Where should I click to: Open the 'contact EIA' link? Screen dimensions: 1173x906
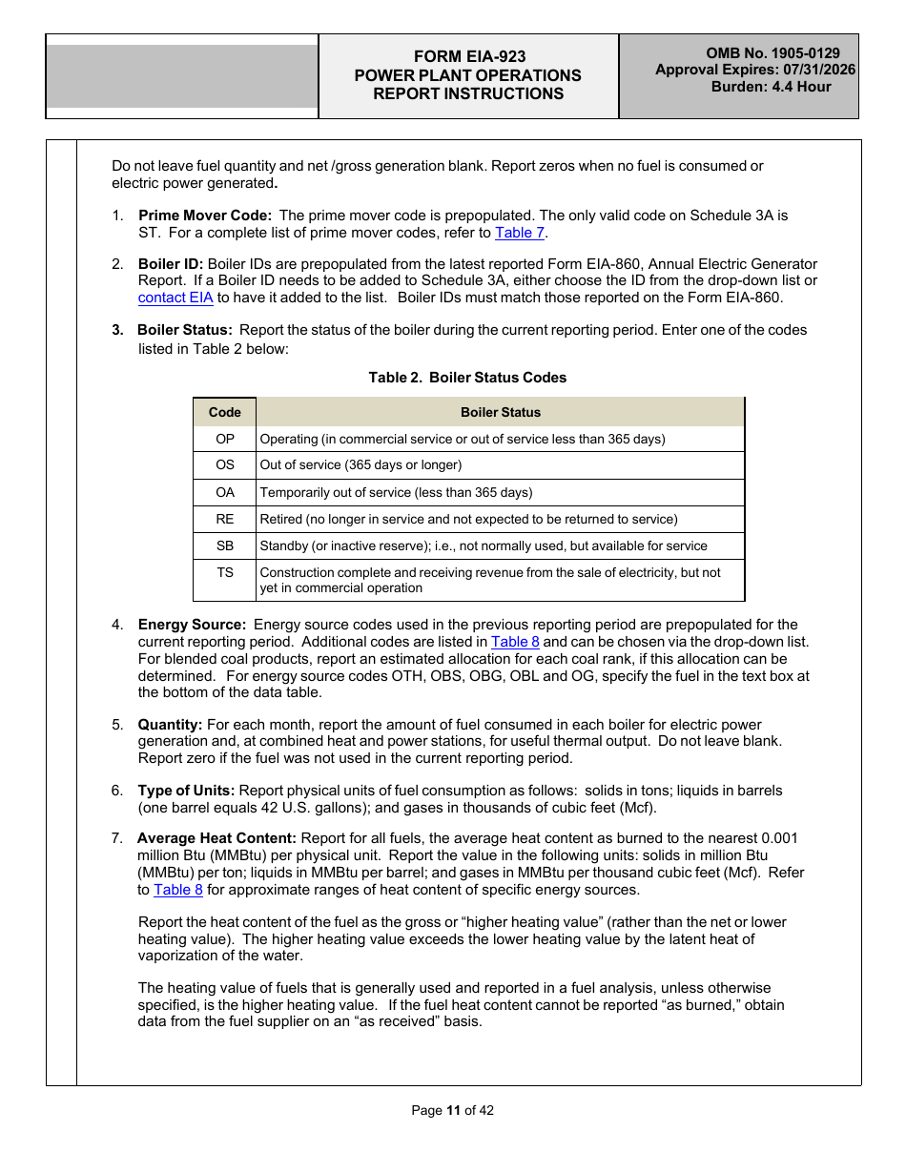pyautogui.click(x=175, y=298)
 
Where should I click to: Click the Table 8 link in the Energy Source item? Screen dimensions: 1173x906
pyautogui.click(x=515, y=642)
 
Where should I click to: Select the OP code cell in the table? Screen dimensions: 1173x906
pyautogui.click(x=225, y=439)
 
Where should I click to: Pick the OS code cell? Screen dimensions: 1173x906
pyautogui.click(x=225, y=465)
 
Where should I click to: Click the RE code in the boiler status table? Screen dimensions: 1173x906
pyautogui.click(x=225, y=520)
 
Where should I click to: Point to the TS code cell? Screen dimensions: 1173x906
pyautogui.click(x=225, y=573)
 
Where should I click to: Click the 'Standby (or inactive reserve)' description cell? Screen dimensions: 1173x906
pyautogui.click(x=484, y=546)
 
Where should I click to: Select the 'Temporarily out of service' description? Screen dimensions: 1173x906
pyautogui.click(x=396, y=493)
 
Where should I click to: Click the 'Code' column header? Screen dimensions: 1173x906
pyautogui.click(x=225, y=413)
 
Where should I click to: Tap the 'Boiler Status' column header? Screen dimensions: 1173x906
pyautogui.click(x=501, y=413)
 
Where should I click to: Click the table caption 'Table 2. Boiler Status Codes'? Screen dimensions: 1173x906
pyautogui.click(x=467, y=378)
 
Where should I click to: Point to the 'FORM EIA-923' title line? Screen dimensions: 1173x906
pyautogui.click(x=468, y=57)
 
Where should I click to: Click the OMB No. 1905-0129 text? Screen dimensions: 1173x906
pyautogui.click(x=772, y=54)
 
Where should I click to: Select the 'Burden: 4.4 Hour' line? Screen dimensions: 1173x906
pyautogui.click(x=771, y=87)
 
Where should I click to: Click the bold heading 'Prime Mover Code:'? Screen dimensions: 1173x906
pyautogui.click(x=205, y=216)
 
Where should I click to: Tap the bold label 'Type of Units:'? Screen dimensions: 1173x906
pyautogui.click(x=186, y=791)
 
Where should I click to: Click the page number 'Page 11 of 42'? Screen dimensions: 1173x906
pyautogui.click(x=453, y=1110)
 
